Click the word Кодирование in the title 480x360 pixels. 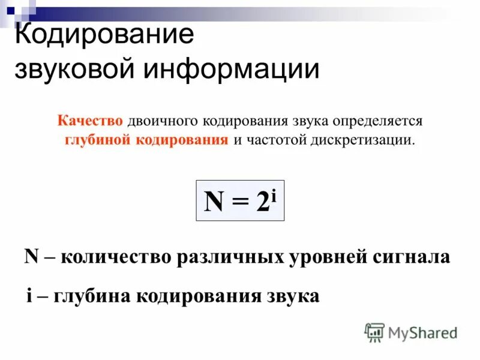(104, 35)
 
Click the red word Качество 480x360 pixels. (90, 121)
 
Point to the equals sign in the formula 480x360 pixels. (240, 203)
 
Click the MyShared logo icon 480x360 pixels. (374, 332)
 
